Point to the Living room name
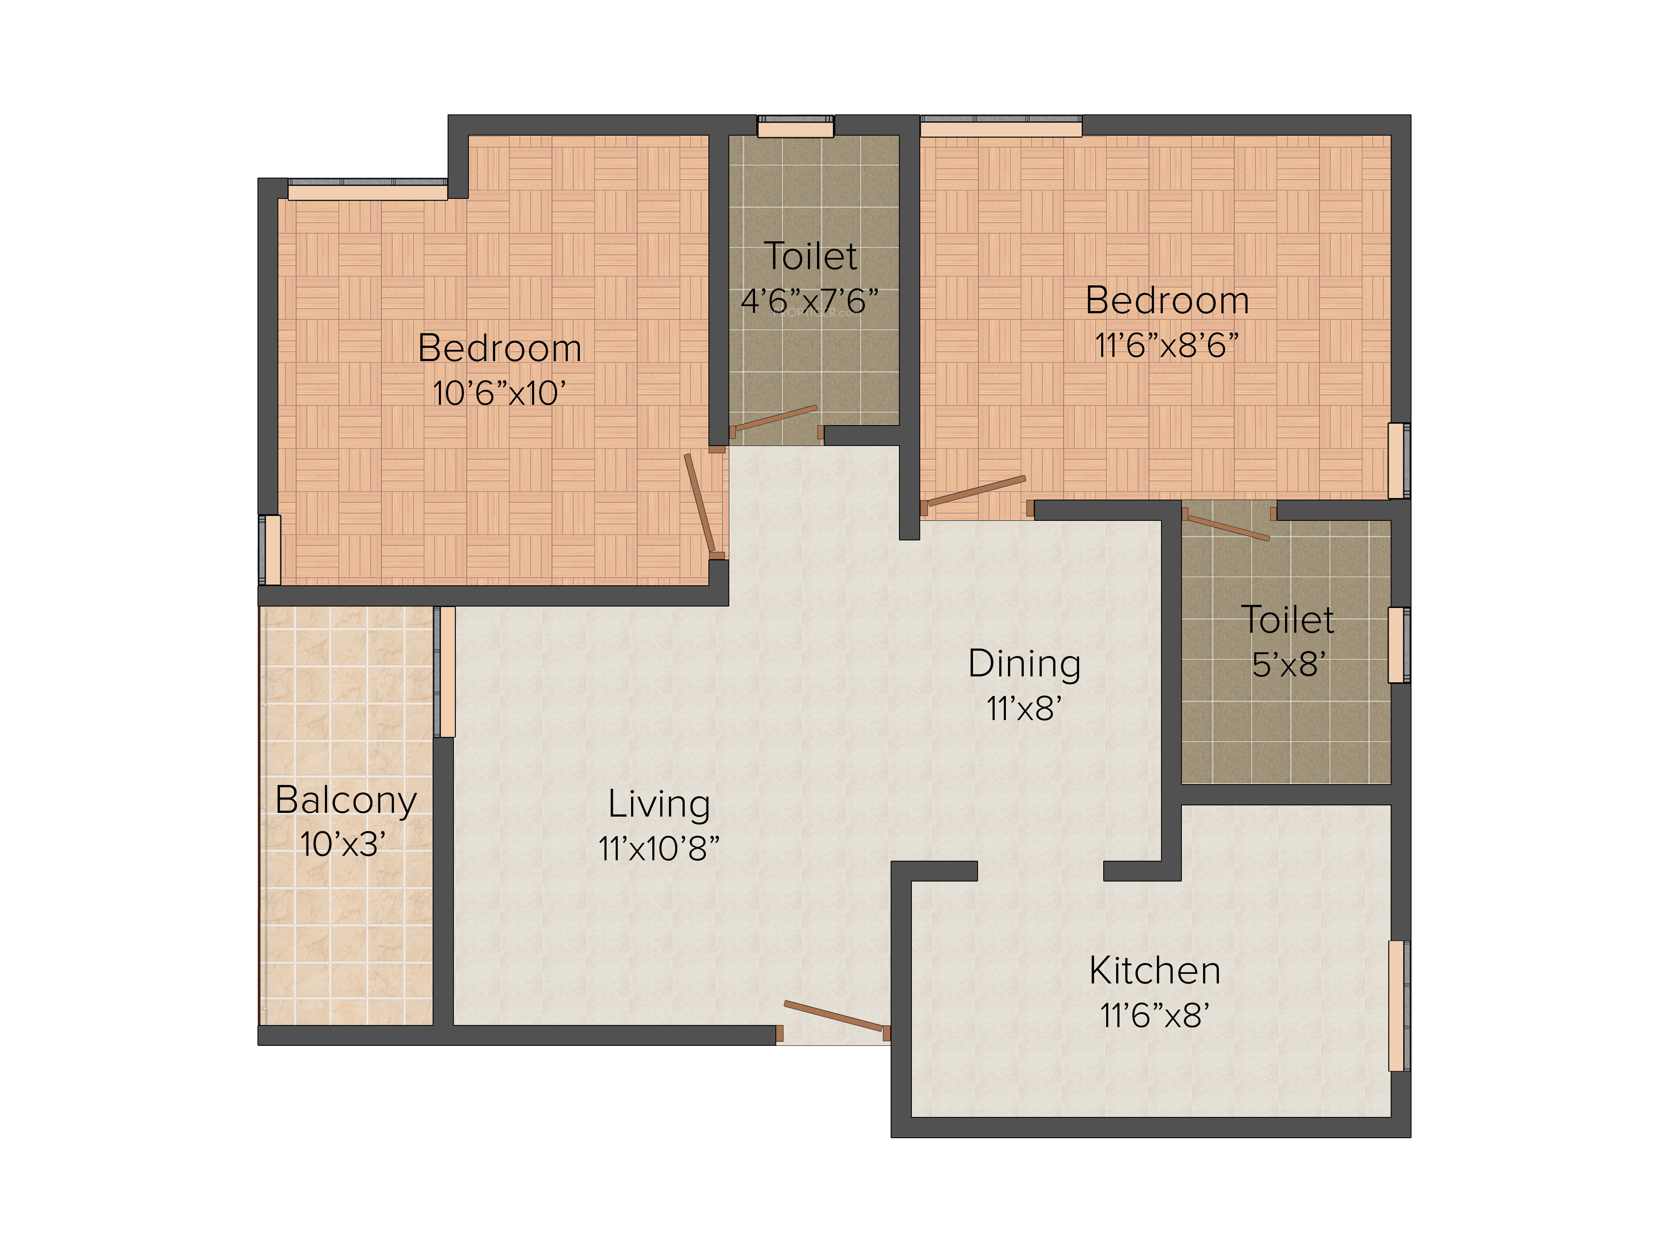coord(659,805)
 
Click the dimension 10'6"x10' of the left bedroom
coord(499,394)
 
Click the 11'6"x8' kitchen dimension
coord(1155,1016)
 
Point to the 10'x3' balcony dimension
coord(343,845)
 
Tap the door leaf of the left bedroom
coord(699,503)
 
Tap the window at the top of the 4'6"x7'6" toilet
coord(795,126)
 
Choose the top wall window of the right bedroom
coord(1001,126)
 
